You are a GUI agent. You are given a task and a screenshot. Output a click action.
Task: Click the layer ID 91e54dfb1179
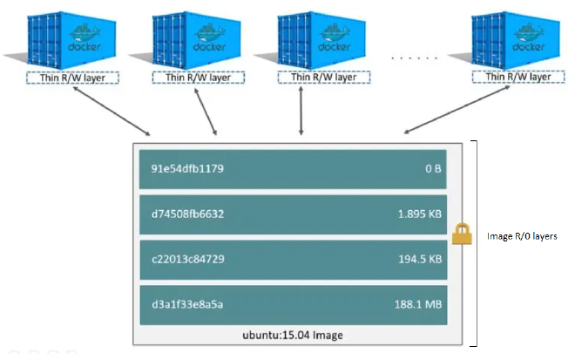coord(186,169)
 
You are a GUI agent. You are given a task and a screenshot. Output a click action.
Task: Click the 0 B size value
coord(432,169)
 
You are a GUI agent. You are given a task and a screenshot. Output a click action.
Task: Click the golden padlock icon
coord(463,233)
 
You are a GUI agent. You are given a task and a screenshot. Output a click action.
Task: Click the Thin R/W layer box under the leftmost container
coord(72,78)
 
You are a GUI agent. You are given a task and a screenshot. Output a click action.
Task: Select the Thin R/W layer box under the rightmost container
coord(514,78)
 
